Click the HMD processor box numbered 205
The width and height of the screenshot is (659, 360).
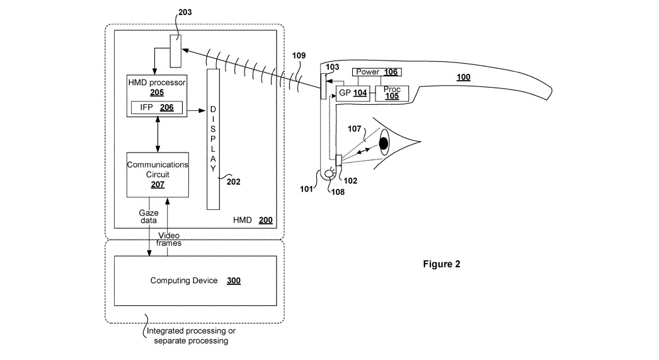click(x=157, y=88)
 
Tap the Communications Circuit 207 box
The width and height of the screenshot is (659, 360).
click(x=157, y=175)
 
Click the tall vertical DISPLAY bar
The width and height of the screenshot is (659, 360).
click(x=214, y=139)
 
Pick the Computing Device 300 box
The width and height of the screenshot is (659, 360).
click(x=195, y=281)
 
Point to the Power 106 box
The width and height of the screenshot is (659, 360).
click(x=375, y=72)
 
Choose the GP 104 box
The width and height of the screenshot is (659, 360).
click(x=352, y=92)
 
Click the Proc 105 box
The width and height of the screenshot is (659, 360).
click(x=392, y=93)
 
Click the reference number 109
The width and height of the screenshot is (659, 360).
click(x=299, y=55)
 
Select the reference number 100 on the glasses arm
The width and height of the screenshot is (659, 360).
click(x=463, y=78)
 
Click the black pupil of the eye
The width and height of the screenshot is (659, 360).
click(x=383, y=144)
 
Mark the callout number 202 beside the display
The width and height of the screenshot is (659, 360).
click(x=233, y=182)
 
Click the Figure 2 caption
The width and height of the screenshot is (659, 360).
click(x=441, y=264)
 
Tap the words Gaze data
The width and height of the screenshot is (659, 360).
click(x=149, y=218)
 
